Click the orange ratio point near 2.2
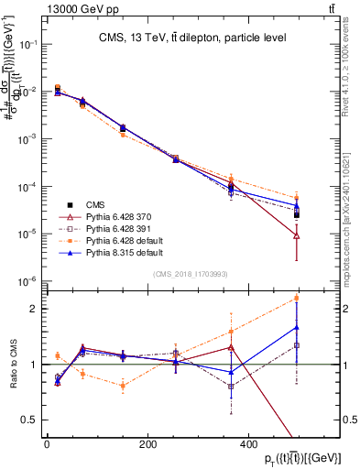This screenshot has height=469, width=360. coord(297,298)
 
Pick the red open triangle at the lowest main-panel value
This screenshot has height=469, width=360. coord(297,235)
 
